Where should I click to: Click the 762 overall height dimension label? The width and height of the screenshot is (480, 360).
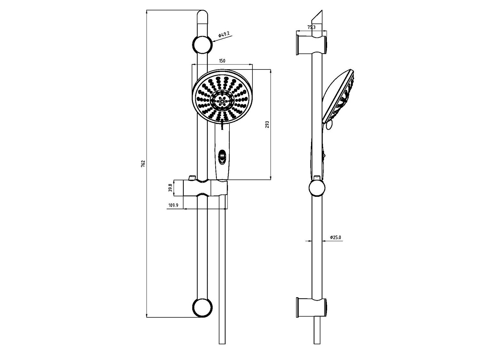pyautogui.click(x=143, y=164)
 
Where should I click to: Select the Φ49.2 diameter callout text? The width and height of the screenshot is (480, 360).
pyautogui.click(x=224, y=35)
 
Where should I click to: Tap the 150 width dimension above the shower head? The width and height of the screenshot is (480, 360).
pyautogui.click(x=222, y=61)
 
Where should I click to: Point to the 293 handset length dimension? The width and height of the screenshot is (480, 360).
pyautogui.click(x=267, y=124)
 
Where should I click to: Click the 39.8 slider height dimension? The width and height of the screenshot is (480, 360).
pyautogui.click(x=170, y=188)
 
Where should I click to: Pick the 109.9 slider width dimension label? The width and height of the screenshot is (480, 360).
pyautogui.click(x=173, y=205)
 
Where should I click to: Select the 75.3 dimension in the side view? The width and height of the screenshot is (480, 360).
pyautogui.click(x=311, y=27)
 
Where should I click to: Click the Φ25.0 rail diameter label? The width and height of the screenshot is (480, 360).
pyautogui.click(x=336, y=237)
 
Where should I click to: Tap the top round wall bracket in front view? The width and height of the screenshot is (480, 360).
pyautogui.click(x=202, y=44)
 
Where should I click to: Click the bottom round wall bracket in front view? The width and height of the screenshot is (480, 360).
pyautogui.click(x=202, y=307)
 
